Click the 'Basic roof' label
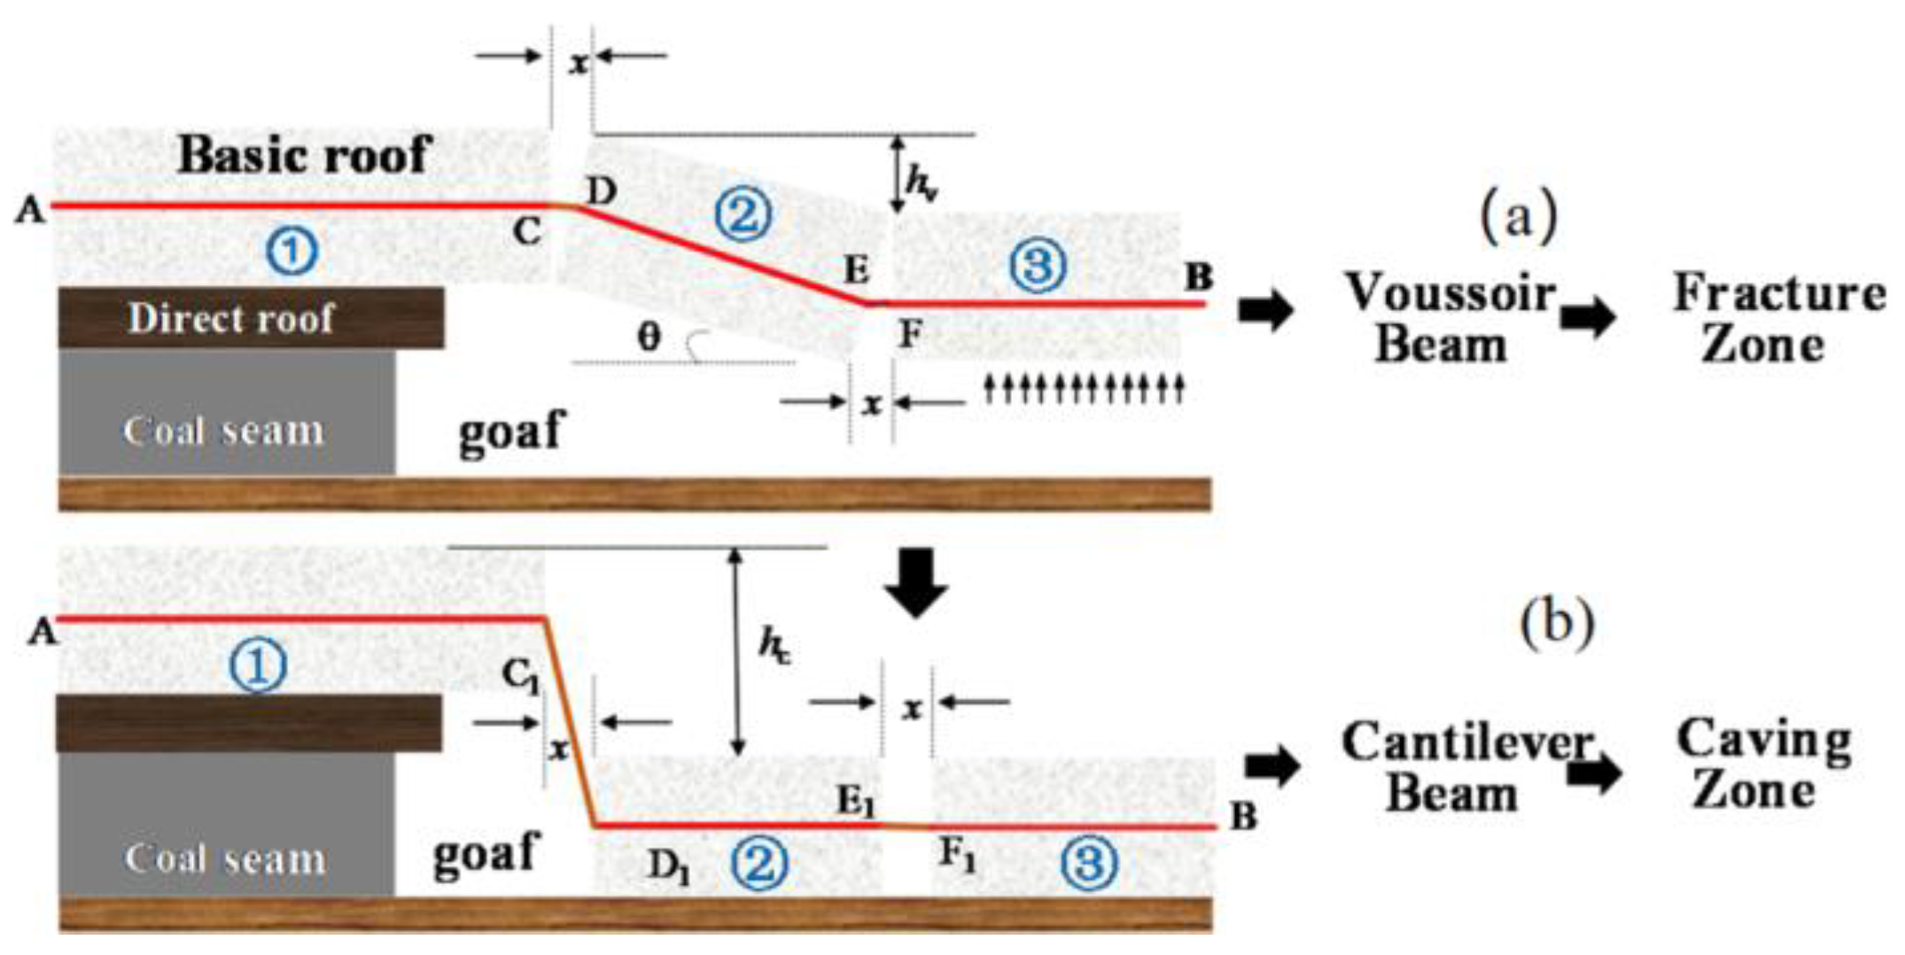coord(304,156)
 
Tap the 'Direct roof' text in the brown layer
coord(231,318)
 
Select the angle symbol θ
coord(649,338)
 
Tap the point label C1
coord(521,677)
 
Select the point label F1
coord(957,856)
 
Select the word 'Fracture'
coord(1778,293)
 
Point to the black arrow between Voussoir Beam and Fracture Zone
coord(1588,317)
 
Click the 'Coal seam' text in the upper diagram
coord(224,431)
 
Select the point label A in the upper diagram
coord(29,211)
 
